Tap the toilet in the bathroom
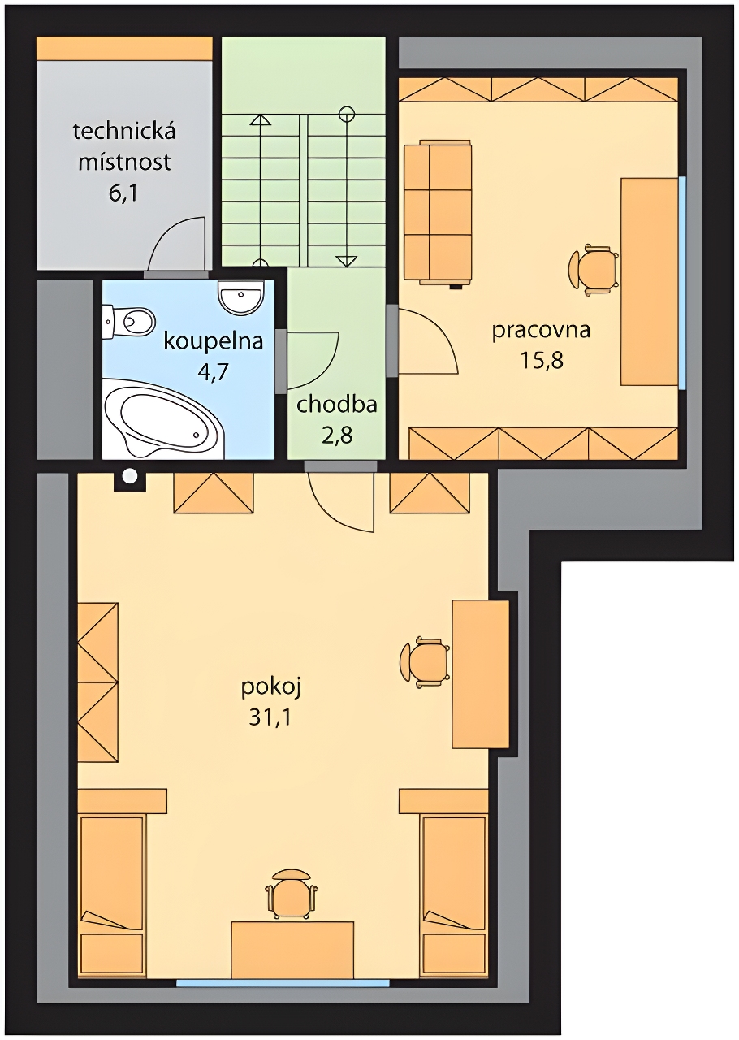click(x=129, y=320)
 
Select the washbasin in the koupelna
click(x=240, y=297)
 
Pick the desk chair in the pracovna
click(x=594, y=269)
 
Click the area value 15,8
click(x=542, y=360)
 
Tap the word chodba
click(x=336, y=405)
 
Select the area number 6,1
click(x=123, y=193)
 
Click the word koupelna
click(x=214, y=342)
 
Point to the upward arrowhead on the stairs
click(x=261, y=119)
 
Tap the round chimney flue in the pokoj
click(x=129, y=475)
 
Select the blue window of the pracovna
click(x=682, y=282)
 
